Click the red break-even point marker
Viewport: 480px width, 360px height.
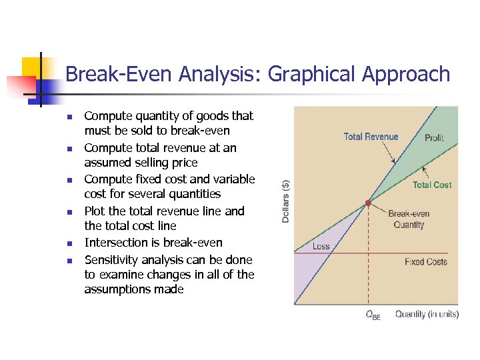[x=368, y=202]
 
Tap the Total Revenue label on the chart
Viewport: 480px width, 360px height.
[x=371, y=137]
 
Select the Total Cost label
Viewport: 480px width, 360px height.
[x=432, y=185]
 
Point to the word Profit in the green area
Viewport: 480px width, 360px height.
[x=434, y=137]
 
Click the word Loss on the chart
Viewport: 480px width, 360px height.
[x=321, y=246]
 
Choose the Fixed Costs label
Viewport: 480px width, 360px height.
[x=425, y=262]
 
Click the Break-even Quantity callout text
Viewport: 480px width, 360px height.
[x=409, y=219]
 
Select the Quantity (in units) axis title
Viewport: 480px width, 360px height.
[x=427, y=314]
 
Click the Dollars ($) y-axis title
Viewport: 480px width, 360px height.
[x=286, y=201]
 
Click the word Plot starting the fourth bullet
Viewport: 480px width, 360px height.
[x=94, y=211]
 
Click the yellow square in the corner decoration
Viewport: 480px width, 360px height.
[x=33, y=67]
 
